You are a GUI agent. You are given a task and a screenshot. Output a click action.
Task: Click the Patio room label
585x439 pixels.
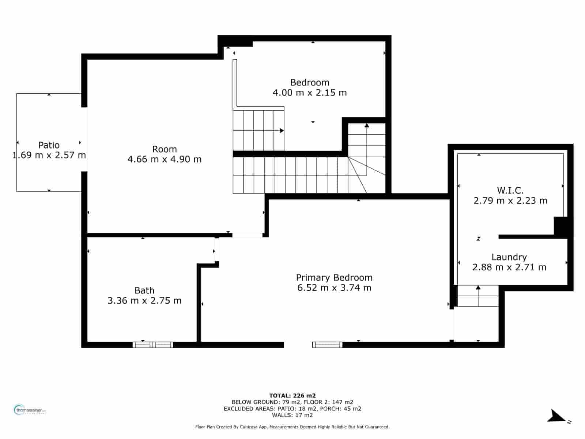pos(49,145)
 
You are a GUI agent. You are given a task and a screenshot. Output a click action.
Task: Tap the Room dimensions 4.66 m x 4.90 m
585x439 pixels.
pos(165,159)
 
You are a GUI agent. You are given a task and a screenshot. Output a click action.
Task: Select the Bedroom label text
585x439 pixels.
pos(310,82)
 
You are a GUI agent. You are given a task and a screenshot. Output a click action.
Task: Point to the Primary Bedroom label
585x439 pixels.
pos(334,277)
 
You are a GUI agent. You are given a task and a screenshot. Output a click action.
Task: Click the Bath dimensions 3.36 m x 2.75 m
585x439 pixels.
pos(144,300)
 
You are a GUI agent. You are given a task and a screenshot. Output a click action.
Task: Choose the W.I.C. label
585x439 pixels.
pos(510,190)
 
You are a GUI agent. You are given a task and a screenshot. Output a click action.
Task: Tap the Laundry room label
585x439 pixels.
pos(509,257)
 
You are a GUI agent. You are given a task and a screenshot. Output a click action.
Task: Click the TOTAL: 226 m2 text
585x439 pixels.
pos(292,395)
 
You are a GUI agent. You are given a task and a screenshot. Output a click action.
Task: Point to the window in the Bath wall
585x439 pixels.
pos(153,345)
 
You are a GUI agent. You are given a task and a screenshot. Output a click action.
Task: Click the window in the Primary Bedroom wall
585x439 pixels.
pos(327,345)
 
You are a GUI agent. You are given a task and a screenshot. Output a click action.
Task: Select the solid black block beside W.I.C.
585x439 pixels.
pos(561,227)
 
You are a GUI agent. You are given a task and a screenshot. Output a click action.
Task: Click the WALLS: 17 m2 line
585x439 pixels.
pos(292,415)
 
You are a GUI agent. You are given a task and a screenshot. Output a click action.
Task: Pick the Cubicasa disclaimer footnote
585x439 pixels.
pos(292,427)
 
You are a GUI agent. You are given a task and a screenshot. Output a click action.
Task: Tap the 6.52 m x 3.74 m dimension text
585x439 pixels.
pos(334,288)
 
